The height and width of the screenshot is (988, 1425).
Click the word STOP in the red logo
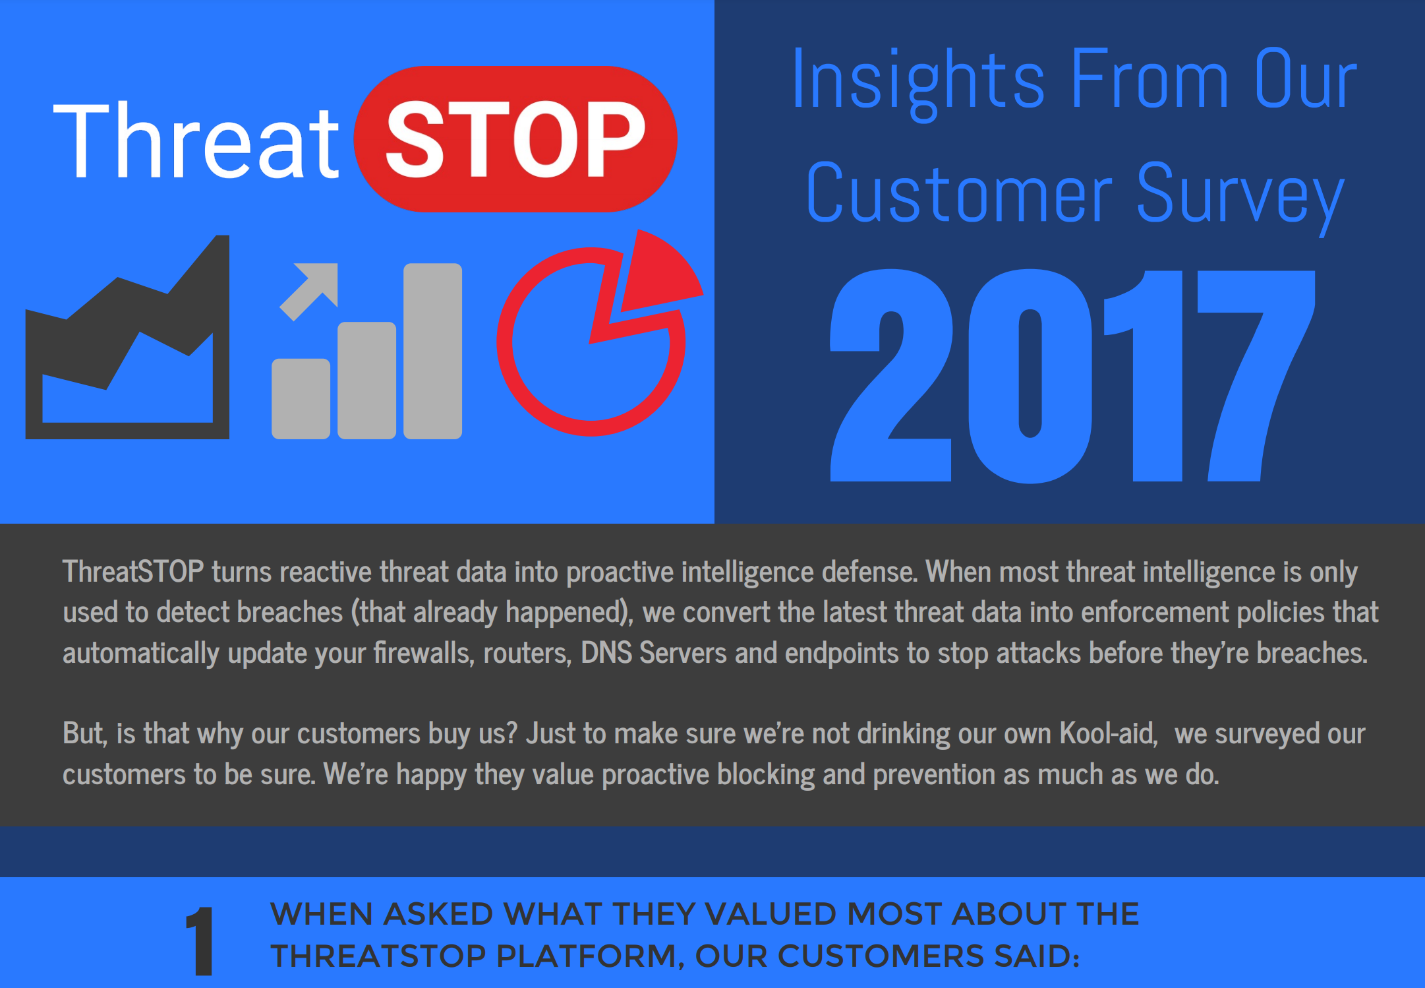click(x=515, y=139)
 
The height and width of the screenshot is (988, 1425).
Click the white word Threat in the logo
click(x=196, y=140)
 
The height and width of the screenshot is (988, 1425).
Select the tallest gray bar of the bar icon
click(x=432, y=351)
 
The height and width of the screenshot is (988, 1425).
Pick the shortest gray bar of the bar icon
click(x=301, y=398)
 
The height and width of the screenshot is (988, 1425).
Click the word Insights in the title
click(x=918, y=81)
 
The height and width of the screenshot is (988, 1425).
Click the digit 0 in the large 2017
click(x=1030, y=375)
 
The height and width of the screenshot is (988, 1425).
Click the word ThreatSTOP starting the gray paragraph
click(x=133, y=571)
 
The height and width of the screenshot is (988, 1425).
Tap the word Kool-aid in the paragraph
click(x=1109, y=733)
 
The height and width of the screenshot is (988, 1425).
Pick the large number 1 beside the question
click(x=200, y=941)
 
